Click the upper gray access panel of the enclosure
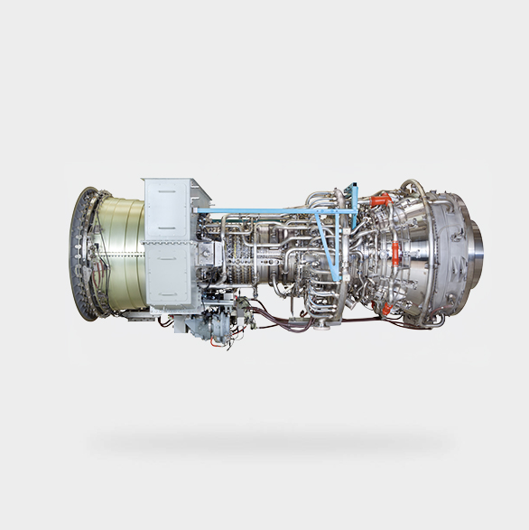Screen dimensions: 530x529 [167, 209]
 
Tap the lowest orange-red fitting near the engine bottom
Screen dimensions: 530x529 [386, 309]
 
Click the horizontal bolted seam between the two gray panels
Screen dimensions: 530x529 [167, 242]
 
